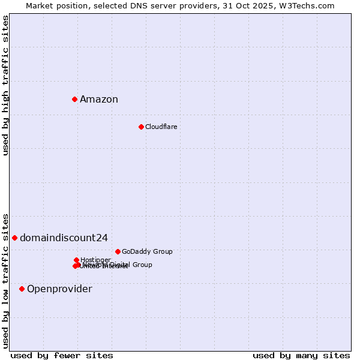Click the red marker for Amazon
click(x=74, y=99)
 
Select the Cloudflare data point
click(x=141, y=127)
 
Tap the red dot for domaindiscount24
click(x=14, y=238)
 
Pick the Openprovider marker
click(x=22, y=289)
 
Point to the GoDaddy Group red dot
click(x=118, y=251)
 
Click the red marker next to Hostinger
click(x=76, y=260)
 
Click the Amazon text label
click(x=99, y=100)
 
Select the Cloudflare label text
click(x=161, y=127)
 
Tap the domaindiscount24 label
click(x=64, y=238)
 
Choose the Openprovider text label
click(x=59, y=289)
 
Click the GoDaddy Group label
click(x=147, y=251)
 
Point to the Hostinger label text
click(x=95, y=260)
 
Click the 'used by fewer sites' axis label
click(x=62, y=355)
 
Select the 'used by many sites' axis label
click(x=301, y=355)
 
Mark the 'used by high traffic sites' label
click(x=5, y=85)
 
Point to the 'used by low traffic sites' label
click(x=5, y=280)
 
